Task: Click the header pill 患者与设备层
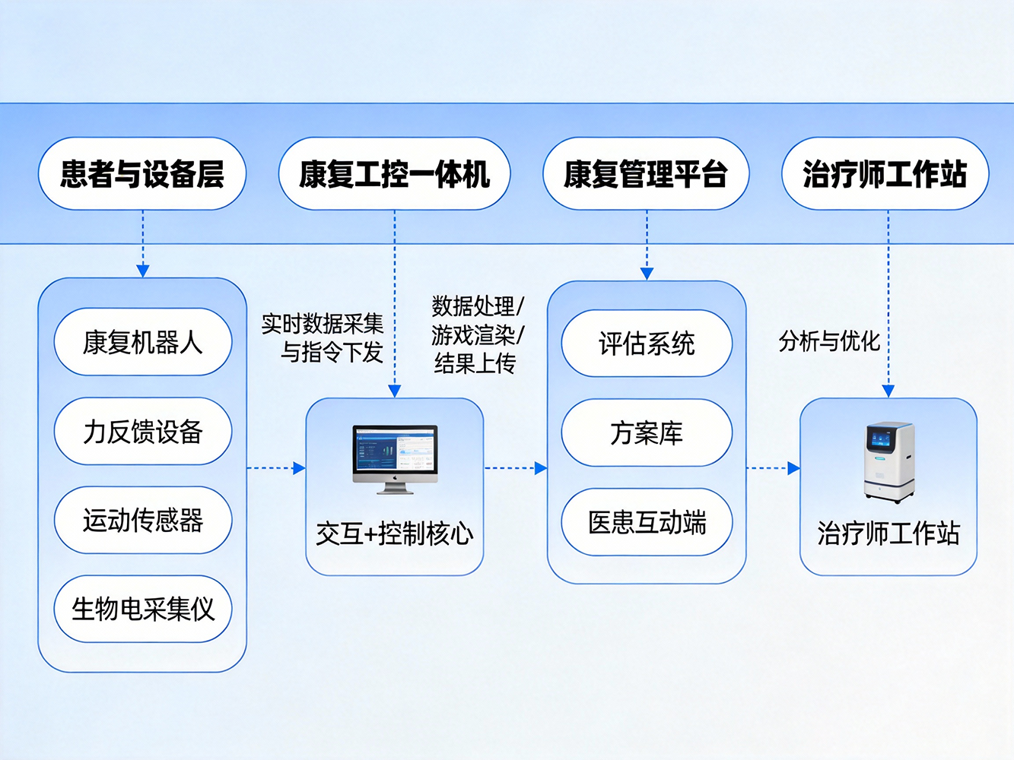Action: point(142,174)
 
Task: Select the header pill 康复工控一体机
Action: point(394,174)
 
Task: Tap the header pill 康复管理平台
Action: point(646,174)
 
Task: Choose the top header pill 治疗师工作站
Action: point(885,174)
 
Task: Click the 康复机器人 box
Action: point(142,342)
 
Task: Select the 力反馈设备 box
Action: point(142,431)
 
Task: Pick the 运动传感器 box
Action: point(142,520)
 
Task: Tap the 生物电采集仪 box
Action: point(142,609)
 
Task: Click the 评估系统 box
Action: point(647,344)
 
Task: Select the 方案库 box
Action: point(647,432)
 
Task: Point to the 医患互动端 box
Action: point(647,522)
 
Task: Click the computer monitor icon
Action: point(395,458)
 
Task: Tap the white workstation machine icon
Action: point(888,461)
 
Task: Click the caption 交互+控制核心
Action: point(394,534)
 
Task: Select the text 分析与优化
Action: point(829,341)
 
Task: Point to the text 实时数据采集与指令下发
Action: point(323,338)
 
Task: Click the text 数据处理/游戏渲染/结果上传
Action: point(477,335)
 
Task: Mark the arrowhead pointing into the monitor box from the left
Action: point(299,468)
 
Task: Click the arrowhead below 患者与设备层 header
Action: point(142,271)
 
